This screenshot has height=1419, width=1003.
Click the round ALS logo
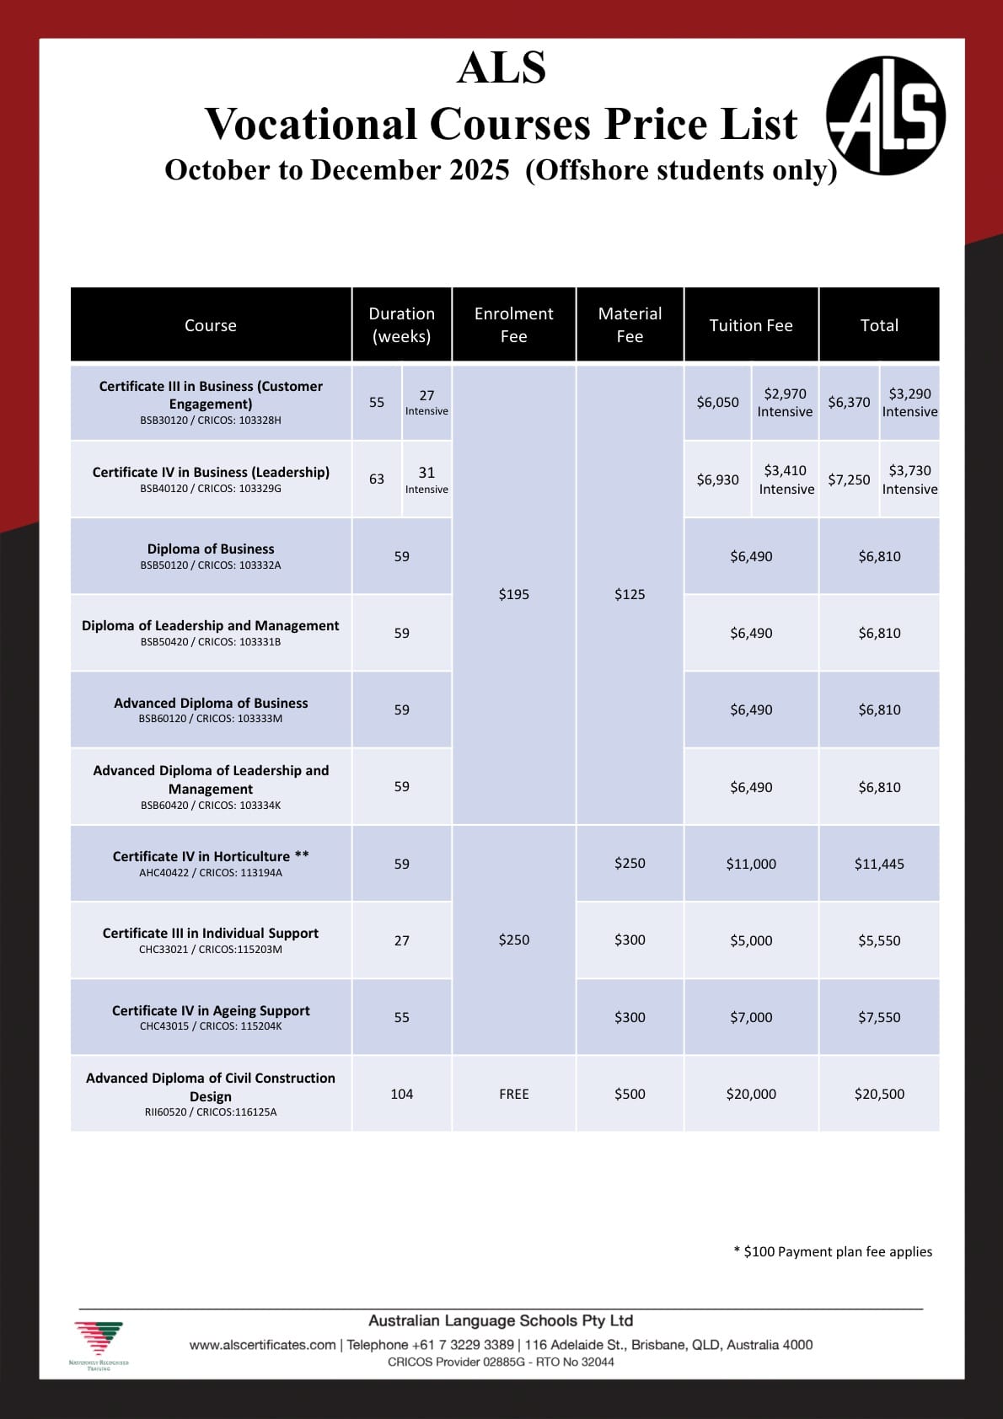pyautogui.click(x=885, y=115)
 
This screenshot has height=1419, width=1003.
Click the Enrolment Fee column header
pyautogui.click(x=513, y=325)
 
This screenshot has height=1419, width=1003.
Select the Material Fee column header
pyautogui.click(x=630, y=325)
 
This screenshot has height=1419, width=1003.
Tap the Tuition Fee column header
pyautogui.click(x=751, y=325)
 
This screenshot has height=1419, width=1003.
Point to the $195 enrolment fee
pyautogui.click(x=513, y=594)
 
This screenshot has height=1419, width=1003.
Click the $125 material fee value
pyautogui.click(x=630, y=594)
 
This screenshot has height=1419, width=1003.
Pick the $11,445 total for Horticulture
pyautogui.click(x=879, y=864)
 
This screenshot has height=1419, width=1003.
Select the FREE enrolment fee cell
pyautogui.click(x=513, y=1094)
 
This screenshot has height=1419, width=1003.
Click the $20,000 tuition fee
pyautogui.click(x=751, y=1094)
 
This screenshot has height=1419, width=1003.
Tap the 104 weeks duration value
pyautogui.click(x=401, y=1094)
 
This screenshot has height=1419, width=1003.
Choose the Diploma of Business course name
pyautogui.click(x=211, y=549)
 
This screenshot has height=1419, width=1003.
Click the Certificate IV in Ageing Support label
pyautogui.click(x=211, y=1010)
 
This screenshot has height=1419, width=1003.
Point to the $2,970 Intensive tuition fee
pyautogui.click(x=785, y=402)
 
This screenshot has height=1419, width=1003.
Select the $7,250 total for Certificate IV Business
pyautogui.click(x=849, y=479)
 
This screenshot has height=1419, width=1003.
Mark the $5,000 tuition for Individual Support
pyautogui.click(x=751, y=940)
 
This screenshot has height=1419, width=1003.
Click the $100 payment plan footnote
pyautogui.click(x=833, y=1251)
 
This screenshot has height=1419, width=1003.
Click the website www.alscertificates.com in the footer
pyautogui.click(x=262, y=1345)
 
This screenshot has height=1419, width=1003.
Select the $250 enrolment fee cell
pyautogui.click(x=513, y=940)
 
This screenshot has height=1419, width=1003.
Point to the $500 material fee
pyautogui.click(x=630, y=1094)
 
